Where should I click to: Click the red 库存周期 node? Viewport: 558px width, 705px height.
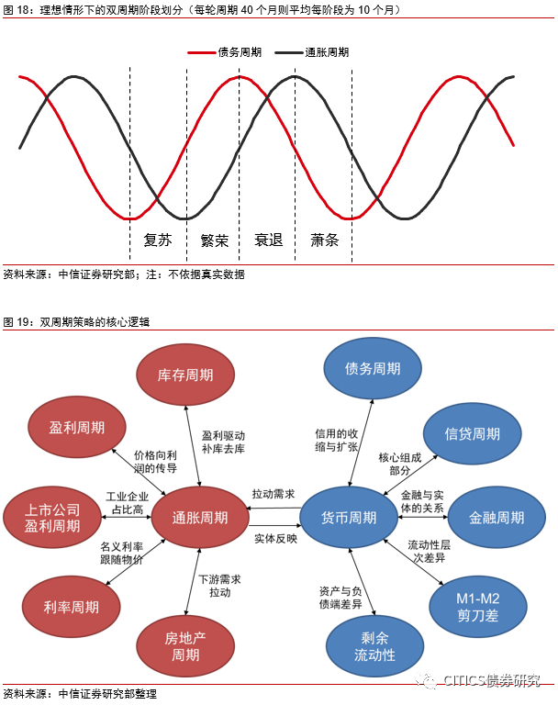pyautogui.click(x=185, y=375)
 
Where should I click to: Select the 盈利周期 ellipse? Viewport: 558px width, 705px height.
pyautogui.click(x=77, y=428)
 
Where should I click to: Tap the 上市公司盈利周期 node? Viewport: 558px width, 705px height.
pyautogui.click(x=53, y=518)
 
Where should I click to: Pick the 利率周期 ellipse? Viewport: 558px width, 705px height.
pyautogui.click(x=71, y=606)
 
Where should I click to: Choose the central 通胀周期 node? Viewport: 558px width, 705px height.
pyautogui.click(x=199, y=518)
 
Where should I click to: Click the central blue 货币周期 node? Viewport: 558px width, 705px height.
pyautogui.click(x=350, y=518)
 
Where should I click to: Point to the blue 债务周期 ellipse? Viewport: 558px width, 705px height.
pyautogui.click(x=373, y=368)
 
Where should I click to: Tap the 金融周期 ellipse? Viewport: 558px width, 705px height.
pyautogui.click(x=497, y=518)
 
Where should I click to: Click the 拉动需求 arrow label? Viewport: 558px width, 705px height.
pyautogui.click(x=273, y=495)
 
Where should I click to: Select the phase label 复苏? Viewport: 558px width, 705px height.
pyautogui.click(x=158, y=241)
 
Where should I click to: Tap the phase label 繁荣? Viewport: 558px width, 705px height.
pyautogui.click(x=214, y=241)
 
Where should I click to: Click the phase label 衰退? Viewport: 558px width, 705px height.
pyautogui.click(x=268, y=241)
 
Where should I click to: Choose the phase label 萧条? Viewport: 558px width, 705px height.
pyautogui.click(x=324, y=241)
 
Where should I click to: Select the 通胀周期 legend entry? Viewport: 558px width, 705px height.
pyautogui.click(x=326, y=53)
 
